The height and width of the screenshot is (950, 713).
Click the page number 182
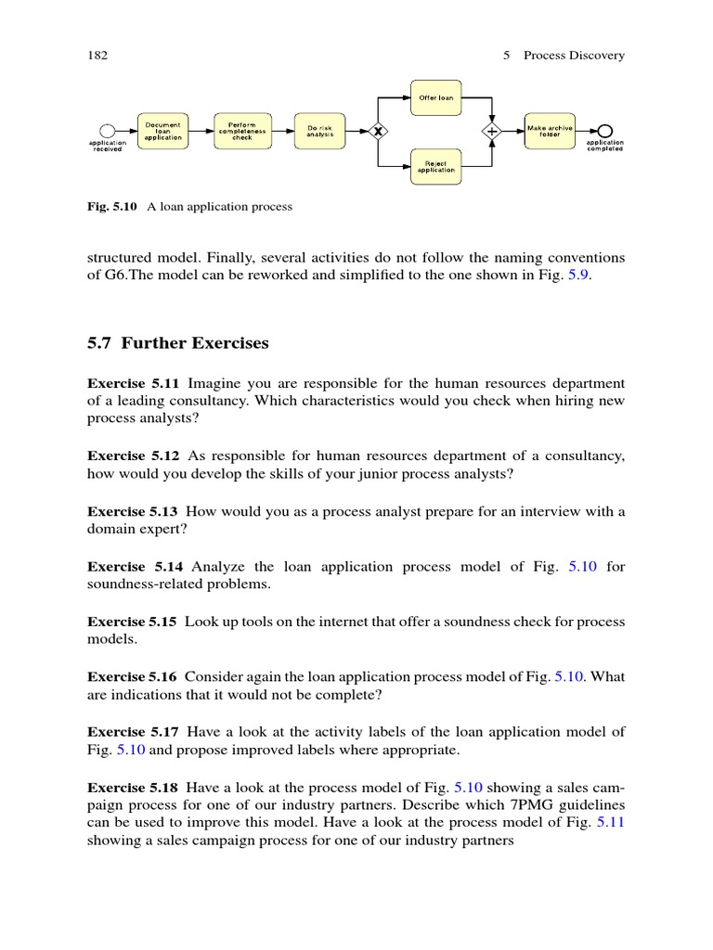[98, 56]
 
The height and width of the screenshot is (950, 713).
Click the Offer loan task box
[436, 96]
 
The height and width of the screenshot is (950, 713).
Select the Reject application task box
[436, 167]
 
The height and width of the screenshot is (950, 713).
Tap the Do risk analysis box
[319, 132]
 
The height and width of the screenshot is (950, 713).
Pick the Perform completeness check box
[241, 132]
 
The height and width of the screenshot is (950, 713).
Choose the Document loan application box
[163, 132]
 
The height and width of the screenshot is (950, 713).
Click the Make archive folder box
[551, 132]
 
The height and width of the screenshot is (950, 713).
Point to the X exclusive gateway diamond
[378, 132]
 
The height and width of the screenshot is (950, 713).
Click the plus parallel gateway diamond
[492, 132]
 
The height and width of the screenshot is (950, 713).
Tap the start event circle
[107, 131]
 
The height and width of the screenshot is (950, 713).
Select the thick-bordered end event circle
[605, 131]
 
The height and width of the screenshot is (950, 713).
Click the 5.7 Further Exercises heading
[178, 343]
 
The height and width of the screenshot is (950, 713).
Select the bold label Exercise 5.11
[135, 383]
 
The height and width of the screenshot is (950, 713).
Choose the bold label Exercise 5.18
[135, 767]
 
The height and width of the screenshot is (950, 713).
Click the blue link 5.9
[580, 276]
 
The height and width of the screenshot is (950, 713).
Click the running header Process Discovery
[574, 56]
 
